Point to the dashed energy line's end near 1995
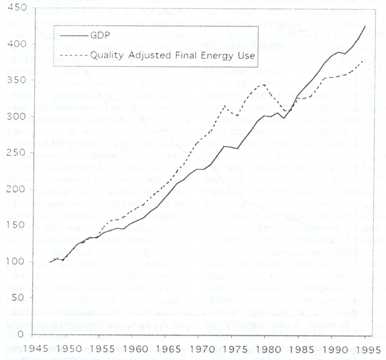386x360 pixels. point(364,60)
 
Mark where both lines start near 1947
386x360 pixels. point(50,262)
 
